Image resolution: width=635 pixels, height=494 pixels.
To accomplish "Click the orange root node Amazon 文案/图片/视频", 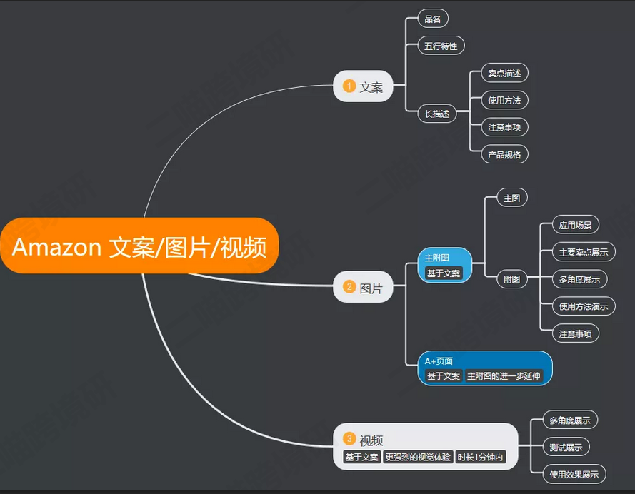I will pos(139,247).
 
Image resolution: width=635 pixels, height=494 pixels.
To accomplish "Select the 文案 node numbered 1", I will pos(364,87).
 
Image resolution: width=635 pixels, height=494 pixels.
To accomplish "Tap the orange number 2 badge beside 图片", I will pos(349,287).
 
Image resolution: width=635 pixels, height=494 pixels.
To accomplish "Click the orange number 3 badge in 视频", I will pos(349,438).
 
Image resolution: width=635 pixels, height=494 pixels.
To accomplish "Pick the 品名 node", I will pos(433,19).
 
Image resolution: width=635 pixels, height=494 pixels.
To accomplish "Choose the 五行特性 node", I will pos(441,46).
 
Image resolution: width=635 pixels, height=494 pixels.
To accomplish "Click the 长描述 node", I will pos(437,114).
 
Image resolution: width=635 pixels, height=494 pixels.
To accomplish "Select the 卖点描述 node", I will pos(504,73).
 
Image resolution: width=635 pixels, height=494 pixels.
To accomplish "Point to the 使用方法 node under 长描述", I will pos(504,100).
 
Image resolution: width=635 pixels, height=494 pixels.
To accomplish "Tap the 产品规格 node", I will pos(504,154).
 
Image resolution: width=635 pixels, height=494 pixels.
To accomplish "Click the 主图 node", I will pos(511,198).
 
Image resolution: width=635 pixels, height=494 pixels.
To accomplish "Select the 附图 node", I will pos(511,279).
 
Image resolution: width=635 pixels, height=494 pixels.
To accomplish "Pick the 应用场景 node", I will pos(576,225).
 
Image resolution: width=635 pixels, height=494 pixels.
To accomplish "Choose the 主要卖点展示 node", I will pos(584,252).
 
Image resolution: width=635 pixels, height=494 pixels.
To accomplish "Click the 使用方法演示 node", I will pos(584,306).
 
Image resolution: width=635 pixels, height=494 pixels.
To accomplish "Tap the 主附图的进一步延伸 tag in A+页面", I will pos(504,375).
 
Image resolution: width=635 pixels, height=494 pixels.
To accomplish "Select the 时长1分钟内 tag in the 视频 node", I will pos(480,457).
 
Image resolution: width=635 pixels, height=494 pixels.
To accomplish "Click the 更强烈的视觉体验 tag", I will pos(418,457).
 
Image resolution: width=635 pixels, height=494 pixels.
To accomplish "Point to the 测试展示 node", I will pos(566,448).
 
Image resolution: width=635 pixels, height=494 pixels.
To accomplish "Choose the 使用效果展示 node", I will pos(574,475).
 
